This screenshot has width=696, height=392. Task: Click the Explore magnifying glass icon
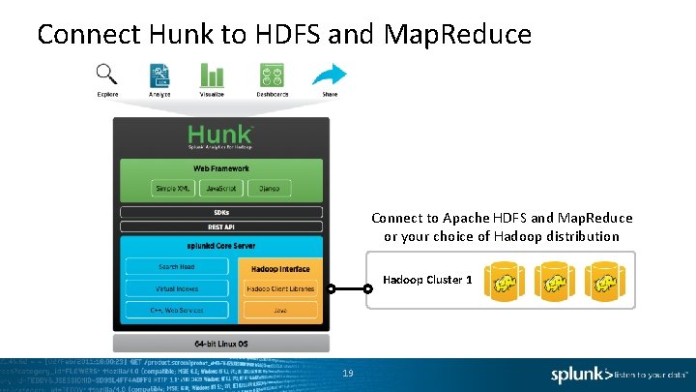click(x=107, y=74)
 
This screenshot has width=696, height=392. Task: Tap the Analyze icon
click(x=159, y=75)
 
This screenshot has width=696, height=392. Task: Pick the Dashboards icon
click(x=272, y=75)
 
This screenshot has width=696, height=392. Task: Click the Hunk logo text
click(x=220, y=135)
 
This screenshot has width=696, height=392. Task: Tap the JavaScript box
click(x=220, y=188)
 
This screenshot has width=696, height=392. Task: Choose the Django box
click(x=269, y=188)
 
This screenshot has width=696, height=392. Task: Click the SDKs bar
click(x=220, y=212)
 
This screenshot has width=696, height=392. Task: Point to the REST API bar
click(x=220, y=226)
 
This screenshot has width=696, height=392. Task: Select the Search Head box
click(x=176, y=266)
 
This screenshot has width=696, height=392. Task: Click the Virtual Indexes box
click(x=176, y=288)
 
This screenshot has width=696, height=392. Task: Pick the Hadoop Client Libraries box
click(x=279, y=289)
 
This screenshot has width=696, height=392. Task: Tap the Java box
click(x=279, y=311)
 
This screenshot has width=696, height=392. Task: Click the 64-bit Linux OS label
click(x=220, y=344)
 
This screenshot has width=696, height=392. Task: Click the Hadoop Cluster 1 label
click(x=427, y=280)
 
